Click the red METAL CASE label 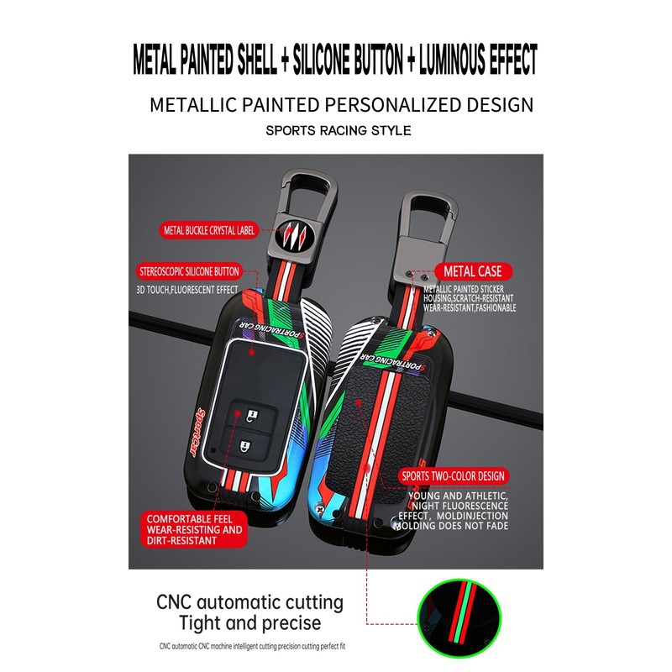pyautogui.click(x=474, y=271)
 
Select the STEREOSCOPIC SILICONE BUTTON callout pyautogui.click(x=189, y=272)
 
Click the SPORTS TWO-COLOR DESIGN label pyautogui.click(x=454, y=476)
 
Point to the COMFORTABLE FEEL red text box pyautogui.click(x=194, y=529)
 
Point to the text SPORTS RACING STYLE pyautogui.click(x=339, y=130)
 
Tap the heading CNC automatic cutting pyautogui.click(x=249, y=602)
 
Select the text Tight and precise pyautogui.click(x=249, y=623)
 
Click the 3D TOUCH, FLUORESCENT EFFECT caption pyautogui.click(x=187, y=290)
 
